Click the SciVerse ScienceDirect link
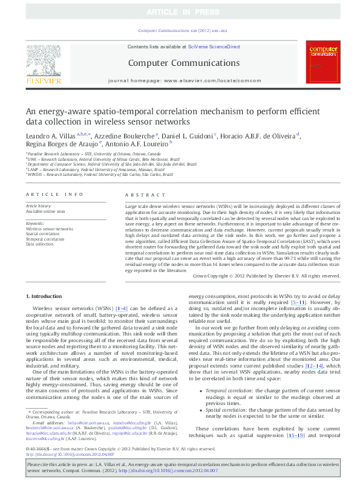tap(214, 47)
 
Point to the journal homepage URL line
tap(180, 80)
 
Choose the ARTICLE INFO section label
tap(54, 195)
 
